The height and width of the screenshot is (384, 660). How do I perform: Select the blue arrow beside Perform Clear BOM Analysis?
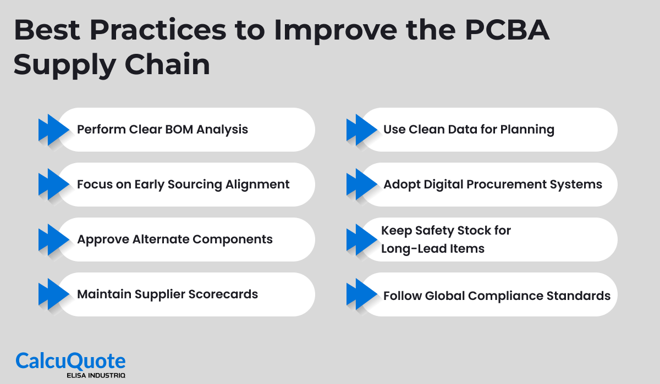click(53, 130)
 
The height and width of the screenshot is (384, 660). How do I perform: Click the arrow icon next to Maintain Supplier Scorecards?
click(53, 294)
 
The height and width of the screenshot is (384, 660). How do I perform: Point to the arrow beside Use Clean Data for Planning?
click(361, 130)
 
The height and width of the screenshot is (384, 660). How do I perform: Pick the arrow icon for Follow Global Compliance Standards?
click(361, 294)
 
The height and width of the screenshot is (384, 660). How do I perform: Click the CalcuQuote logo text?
click(70, 361)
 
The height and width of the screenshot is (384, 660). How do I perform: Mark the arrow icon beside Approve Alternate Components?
click(53, 240)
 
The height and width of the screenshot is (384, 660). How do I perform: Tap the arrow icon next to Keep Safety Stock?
click(361, 240)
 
